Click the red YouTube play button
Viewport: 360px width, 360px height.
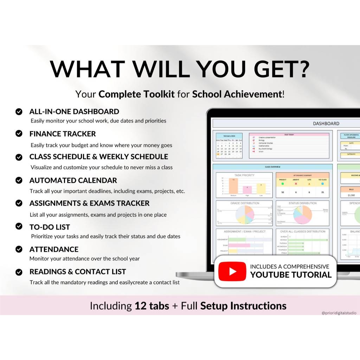tap(232, 271)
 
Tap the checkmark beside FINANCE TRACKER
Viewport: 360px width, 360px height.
tap(19, 134)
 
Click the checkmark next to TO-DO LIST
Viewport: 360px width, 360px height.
tap(19, 227)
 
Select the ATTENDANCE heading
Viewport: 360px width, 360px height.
tap(54, 249)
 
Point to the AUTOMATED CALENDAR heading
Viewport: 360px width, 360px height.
tap(73, 180)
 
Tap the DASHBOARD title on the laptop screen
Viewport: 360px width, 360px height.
tap(326, 123)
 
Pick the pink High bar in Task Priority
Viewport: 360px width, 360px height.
tap(247, 190)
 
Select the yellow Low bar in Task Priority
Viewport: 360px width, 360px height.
tap(261, 189)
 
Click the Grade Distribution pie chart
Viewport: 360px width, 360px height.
tap(244, 215)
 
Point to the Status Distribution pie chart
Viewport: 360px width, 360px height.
tap(302, 215)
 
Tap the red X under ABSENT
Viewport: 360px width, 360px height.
tap(296, 184)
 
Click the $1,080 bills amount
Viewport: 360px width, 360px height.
tap(351, 195)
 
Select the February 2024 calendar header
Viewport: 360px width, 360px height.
tap(229, 136)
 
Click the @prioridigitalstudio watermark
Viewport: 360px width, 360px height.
tap(339, 313)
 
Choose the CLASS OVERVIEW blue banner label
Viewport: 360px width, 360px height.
tap(272, 167)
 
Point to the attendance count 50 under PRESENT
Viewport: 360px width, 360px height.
tap(283, 192)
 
